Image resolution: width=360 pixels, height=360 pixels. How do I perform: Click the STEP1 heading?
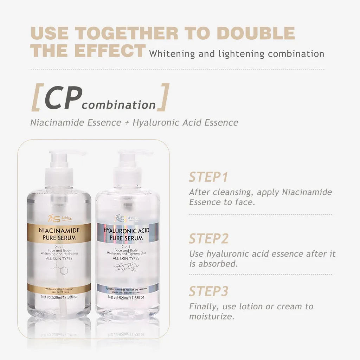point(208,177)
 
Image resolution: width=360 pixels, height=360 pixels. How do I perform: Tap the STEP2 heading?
point(209,238)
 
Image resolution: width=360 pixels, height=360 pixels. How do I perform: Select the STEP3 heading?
point(209,291)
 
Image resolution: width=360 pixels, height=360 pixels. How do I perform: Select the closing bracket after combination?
point(163,97)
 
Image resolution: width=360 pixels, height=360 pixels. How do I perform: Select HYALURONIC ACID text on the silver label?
point(128,231)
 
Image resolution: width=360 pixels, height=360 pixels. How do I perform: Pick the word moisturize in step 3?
point(211,316)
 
